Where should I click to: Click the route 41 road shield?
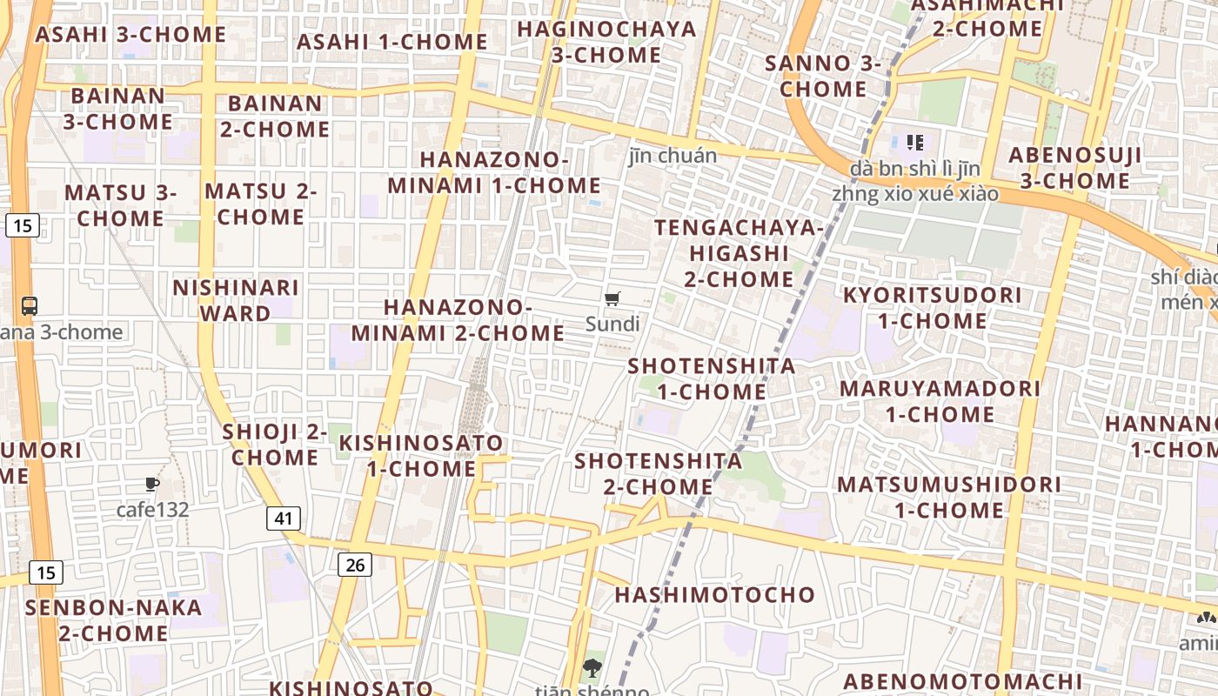(x=283, y=519)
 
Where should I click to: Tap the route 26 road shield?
(x=355, y=565)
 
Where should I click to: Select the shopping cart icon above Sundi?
(x=612, y=299)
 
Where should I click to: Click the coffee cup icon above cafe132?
(x=152, y=485)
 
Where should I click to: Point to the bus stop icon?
(x=30, y=305)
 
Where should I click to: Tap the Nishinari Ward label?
(x=235, y=299)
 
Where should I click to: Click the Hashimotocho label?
(x=715, y=595)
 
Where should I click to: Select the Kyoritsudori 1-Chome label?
(x=932, y=308)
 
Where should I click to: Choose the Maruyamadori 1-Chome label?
(x=940, y=401)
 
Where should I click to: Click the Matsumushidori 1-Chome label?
(x=949, y=497)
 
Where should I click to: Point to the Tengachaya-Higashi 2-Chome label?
(x=739, y=253)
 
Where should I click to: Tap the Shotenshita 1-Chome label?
(x=712, y=378)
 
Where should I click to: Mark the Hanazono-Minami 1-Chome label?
(x=494, y=172)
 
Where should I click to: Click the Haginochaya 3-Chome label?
(x=606, y=42)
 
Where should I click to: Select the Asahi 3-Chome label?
(x=130, y=35)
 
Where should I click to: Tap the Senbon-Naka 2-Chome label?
(x=114, y=620)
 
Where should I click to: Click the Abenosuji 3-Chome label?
(x=1074, y=168)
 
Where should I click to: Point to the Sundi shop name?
(x=612, y=325)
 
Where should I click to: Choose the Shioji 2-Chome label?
(x=275, y=445)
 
